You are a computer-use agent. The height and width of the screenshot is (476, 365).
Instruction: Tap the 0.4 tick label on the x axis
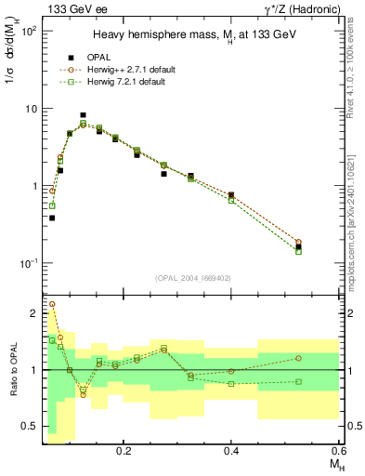231,450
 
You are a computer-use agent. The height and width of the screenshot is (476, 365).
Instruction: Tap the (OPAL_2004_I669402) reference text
194,278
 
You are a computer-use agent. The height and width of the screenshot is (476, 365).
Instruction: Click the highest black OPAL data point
110,115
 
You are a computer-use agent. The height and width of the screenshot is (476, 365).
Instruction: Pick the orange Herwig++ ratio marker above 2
52,304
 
